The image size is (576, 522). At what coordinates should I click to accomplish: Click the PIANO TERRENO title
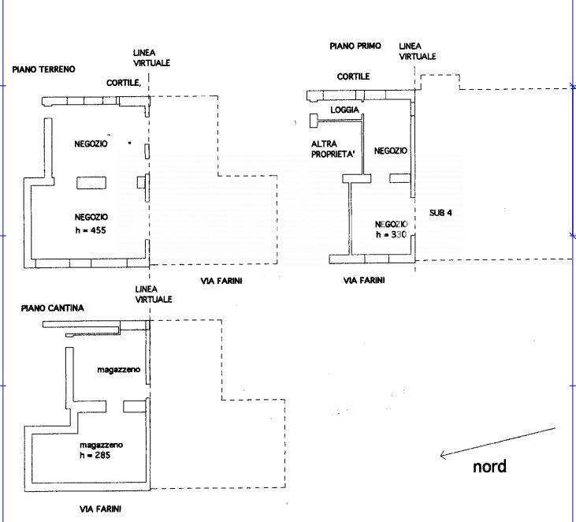tap(43, 69)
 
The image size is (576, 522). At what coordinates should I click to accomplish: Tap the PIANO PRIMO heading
tap(355, 47)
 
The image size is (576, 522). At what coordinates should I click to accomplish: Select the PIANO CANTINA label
tap(52, 308)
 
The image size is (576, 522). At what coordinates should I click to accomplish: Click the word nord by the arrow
tap(489, 466)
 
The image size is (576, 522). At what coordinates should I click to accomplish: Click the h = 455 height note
tap(91, 230)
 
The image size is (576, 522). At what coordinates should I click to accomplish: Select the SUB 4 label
tap(440, 213)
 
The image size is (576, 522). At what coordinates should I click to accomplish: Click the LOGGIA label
tap(345, 110)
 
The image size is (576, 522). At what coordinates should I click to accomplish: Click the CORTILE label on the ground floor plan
tap(124, 82)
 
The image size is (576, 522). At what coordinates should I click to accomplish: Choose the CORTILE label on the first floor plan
tap(353, 76)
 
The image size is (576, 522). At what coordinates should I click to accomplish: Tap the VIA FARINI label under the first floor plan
tap(364, 280)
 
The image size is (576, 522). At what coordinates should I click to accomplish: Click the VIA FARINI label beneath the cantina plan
tap(102, 509)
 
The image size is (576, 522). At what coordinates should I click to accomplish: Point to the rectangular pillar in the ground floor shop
tap(91, 183)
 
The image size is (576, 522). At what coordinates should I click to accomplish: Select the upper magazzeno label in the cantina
tap(118, 369)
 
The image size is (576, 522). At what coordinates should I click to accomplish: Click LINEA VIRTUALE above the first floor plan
tap(417, 51)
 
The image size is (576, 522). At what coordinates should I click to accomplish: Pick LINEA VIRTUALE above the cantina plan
tap(153, 295)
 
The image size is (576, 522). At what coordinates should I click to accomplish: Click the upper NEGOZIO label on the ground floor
tap(91, 145)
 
